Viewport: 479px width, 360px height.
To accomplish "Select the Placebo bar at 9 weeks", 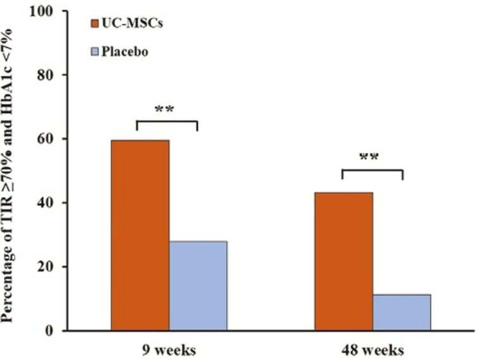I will coord(198,285).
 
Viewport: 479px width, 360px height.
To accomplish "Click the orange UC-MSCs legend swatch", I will coord(94,23).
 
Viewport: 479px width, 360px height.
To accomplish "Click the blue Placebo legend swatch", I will coord(94,52).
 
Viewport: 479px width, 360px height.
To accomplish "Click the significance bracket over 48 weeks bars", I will coord(372,170).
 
